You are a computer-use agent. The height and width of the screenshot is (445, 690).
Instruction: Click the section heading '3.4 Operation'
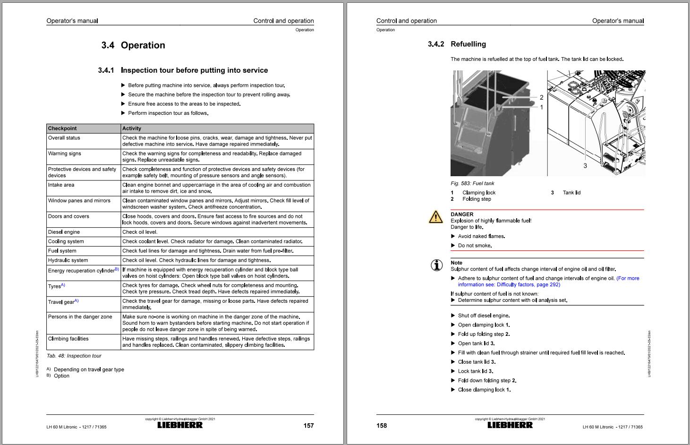point(133,45)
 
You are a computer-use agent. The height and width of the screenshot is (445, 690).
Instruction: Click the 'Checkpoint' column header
point(62,128)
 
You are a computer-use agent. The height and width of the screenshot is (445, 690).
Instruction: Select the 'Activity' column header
point(132,128)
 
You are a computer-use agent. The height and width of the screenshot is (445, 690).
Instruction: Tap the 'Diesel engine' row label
point(64,232)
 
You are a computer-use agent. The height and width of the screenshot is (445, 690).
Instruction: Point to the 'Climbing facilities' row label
point(68,339)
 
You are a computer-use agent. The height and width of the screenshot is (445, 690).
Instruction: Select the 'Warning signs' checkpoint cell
point(64,154)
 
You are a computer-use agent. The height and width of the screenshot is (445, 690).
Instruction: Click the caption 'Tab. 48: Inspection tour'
point(74,356)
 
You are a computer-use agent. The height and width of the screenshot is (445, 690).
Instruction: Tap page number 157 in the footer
point(308,426)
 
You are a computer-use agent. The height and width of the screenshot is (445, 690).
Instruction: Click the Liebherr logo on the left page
point(180,425)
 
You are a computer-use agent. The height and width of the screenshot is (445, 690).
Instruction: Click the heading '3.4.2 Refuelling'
point(457,44)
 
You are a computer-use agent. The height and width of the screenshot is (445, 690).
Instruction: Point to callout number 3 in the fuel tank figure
point(585,165)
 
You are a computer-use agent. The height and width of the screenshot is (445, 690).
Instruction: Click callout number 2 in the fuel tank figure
point(541,97)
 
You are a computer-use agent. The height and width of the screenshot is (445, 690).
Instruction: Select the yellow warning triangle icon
point(435,217)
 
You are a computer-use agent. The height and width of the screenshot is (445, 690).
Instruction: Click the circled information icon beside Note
point(437,265)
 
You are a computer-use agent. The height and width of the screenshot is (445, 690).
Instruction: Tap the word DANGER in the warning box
point(462,214)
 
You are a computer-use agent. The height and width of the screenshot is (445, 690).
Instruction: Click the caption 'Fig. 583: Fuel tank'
point(472,183)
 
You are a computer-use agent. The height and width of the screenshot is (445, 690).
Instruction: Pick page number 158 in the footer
point(382,426)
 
